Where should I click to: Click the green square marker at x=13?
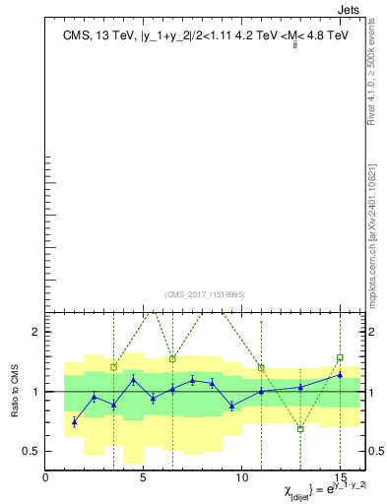click(x=300, y=429)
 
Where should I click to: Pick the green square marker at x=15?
click(x=340, y=358)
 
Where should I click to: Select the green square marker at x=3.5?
click(x=114, y=367)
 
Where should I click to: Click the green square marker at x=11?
click(x=261, y=367)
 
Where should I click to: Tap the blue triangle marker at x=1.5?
click(x=75, y=422)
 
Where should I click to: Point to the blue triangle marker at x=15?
click(x=340, y=375)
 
